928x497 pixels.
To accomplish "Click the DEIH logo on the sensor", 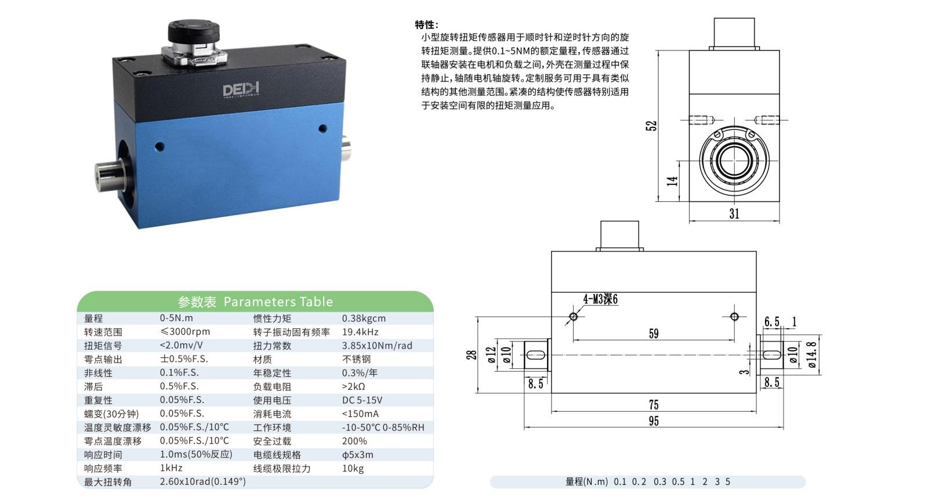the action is coord(241,89).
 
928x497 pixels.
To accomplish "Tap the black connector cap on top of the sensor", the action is coord(194,31).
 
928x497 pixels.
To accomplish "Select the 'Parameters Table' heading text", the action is coord(278,302).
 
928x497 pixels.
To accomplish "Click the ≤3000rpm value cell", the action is coord(185,332).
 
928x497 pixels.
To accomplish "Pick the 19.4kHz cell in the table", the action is coord(360,332).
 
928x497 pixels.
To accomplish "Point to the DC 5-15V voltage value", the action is coord(362,400).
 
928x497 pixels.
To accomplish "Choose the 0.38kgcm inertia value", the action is coord(364,318).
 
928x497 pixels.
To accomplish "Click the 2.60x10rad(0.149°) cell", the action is coord(202,482).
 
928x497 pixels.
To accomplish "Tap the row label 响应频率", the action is coord(103,469).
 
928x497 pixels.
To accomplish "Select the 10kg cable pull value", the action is coord(353,469).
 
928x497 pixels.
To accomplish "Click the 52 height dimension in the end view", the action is coord(651,125).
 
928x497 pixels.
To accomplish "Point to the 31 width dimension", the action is coord(734,214).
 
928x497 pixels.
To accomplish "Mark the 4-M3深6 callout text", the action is coord(600,299).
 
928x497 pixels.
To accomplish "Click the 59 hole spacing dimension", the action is coord(654,333).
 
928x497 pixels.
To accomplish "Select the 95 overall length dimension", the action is coord(654,421).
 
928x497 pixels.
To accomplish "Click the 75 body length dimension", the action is coord(654,404).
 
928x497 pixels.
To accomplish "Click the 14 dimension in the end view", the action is coord(672,181).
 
